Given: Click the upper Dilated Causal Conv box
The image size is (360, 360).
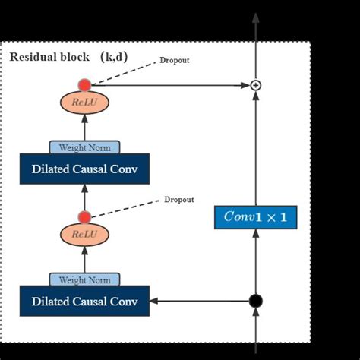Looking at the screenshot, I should tap(84, 169).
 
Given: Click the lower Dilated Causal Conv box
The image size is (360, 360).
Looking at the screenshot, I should tap(84, 301).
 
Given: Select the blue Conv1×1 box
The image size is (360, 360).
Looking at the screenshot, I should tap(255, 216).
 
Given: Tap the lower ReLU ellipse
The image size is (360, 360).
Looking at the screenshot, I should tap(84, 235).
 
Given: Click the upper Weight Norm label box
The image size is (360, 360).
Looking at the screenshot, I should tap(84, 147).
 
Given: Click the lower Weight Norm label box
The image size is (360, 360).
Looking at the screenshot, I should tap(84, 279).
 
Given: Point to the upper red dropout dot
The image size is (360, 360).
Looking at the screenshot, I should tap(84, 85).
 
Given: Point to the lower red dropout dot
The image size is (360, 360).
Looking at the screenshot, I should tap(84, 217).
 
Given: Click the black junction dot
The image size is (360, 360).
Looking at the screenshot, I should tap(256, 301).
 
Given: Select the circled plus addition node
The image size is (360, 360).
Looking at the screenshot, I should tap(256, 85).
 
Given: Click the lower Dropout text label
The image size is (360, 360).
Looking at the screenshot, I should tap(179, 200).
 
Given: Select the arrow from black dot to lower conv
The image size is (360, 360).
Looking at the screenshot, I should tap(201, 301).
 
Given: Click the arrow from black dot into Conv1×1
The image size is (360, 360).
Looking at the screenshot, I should tap(256, 262).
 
